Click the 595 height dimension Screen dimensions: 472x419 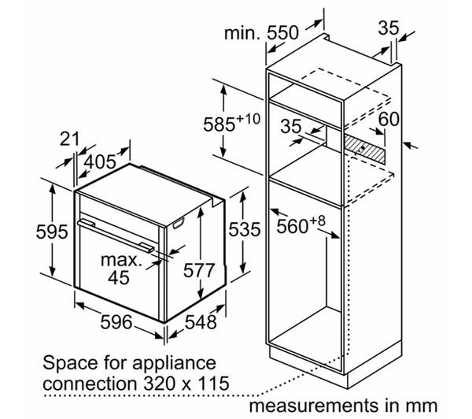click(x=52, y=232)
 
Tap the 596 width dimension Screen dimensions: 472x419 click(x=116, y=321)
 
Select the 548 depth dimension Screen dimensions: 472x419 click(x=201, y=321)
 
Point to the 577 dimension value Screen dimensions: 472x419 click(x=199, y=270)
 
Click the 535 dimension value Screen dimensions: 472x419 click(x=245, y=229)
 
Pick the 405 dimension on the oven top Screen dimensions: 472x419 click(x=100, y=161)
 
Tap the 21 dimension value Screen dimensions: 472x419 click(x=69, y=139)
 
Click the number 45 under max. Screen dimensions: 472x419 click(x=119, y=277)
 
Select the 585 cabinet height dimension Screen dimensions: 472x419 click(x=219, y=124)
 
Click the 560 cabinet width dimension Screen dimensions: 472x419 click(x=293, y=226)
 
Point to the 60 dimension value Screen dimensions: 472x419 click(x=389, y=119)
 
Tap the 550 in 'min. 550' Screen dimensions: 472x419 click(x=283, y=32)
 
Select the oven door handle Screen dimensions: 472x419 click(x=116, y=235)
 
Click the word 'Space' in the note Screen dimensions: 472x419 click(x=71, y=363)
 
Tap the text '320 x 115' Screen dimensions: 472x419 click(x=186, y=384)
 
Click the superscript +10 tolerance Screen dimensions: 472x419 click(x=249, y=118)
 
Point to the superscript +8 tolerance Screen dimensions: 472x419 click(x=318, y=221)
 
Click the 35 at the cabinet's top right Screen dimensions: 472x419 click(x=389, y=28)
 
